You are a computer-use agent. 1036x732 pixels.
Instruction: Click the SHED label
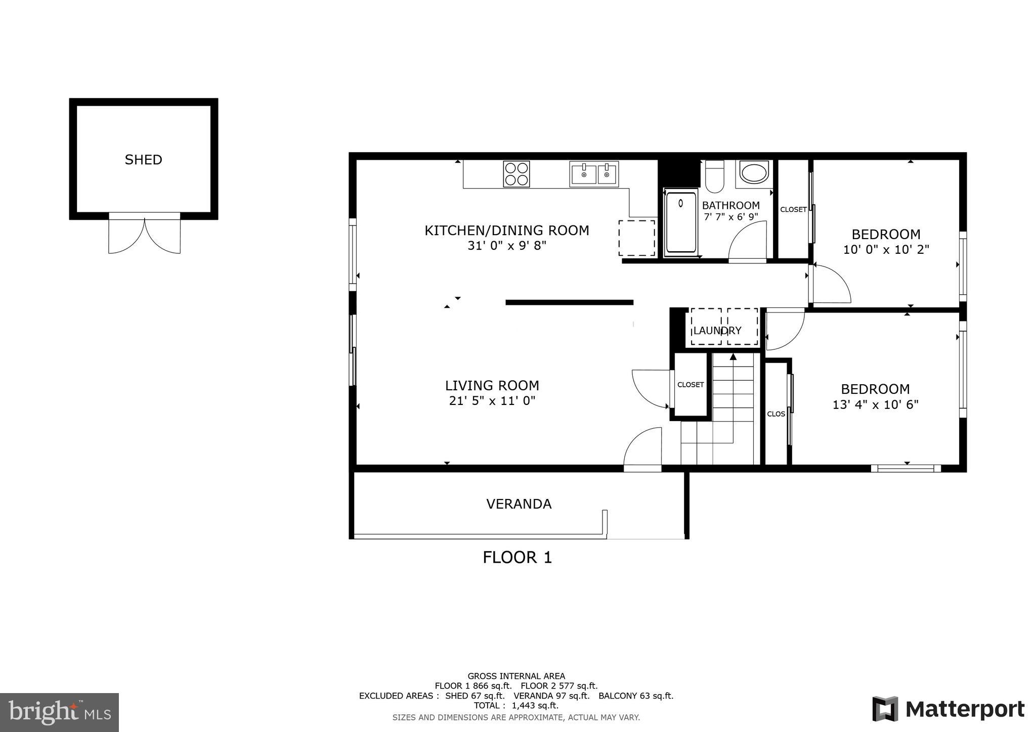coord(143,160)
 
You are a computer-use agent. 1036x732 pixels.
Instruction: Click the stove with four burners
coord(516,174)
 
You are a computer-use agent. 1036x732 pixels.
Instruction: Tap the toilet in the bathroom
coord(714,177)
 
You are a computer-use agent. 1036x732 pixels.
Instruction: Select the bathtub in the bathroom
coord(680,222)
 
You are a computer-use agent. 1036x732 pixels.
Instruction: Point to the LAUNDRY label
coord(717,331)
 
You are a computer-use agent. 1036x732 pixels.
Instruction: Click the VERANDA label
coord(519,504)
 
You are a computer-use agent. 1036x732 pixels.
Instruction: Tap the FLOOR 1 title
coord(517,558)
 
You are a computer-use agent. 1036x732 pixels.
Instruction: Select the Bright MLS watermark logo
coord(59,712)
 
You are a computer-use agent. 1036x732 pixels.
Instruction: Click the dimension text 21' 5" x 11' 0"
coord(492,401)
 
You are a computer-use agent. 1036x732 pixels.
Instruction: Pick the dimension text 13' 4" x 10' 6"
coord(875,405)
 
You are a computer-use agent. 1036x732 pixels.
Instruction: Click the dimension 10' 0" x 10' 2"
coord(886,250)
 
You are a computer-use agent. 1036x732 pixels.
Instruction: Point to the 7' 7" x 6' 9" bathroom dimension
coord(730,217)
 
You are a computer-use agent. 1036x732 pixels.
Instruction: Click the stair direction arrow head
coord(733,357)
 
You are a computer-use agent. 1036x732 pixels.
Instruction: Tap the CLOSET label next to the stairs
coord(690,385)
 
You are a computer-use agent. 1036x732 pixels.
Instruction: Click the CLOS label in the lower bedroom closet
coord(776,414)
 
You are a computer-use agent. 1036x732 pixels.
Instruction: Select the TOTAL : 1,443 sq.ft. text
coord(516,706)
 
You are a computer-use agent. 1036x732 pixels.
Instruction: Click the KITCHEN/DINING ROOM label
coord(506,231)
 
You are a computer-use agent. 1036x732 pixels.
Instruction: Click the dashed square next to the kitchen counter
coord(636,238)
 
